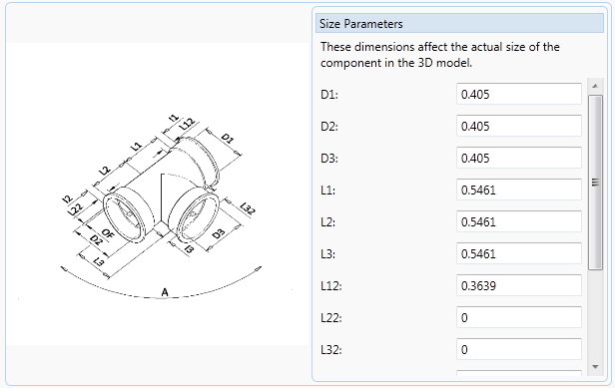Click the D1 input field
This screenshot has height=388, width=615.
coord(519,94)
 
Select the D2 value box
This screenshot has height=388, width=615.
coord(519,126)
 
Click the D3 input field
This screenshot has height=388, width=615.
coord(519,158)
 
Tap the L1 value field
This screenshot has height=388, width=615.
coord(519,190)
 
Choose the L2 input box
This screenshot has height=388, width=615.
coord(519,221)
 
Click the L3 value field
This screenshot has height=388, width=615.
coord(519,253)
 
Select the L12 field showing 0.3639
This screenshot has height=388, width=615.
coord(519,285)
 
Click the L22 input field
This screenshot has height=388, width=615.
coord(519,317)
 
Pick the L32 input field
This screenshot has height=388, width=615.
coord(519,349)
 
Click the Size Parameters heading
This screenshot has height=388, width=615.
coord(360,24)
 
